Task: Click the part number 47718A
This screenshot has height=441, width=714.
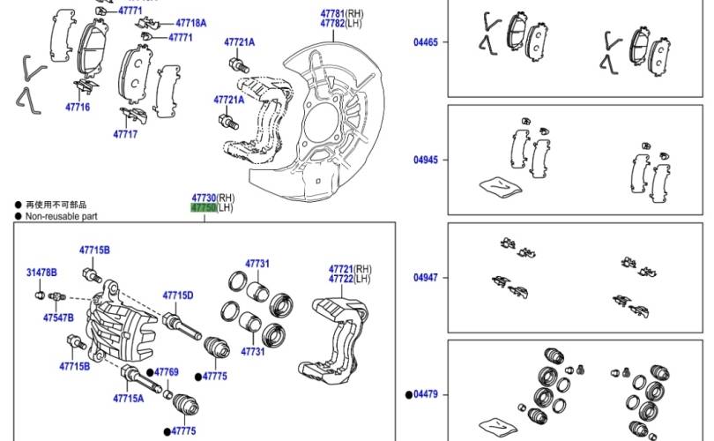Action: [x=190, y=23]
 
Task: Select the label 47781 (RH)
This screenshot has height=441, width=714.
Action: [x=332, y=13]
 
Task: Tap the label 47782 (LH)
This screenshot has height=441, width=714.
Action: [x=332, y=24]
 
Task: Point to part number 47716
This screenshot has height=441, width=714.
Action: [x=77, y=107]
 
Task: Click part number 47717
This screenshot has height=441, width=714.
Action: [x=125, y=134]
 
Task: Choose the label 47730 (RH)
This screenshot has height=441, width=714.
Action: [x=205, y=198]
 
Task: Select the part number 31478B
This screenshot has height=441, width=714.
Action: [x=41, y=273]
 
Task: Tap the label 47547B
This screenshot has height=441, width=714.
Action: [x=58, y=318]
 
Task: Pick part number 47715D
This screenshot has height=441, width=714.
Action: [x=178, y=295]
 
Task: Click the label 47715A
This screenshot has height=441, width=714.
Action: [x=128, y=399]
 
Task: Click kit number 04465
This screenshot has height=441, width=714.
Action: [x=426, y=41]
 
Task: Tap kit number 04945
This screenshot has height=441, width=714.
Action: [x=426, y=161]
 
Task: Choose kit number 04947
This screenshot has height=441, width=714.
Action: [x=426, y=278]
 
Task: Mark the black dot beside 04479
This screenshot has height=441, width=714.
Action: [x=409, y=394]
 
